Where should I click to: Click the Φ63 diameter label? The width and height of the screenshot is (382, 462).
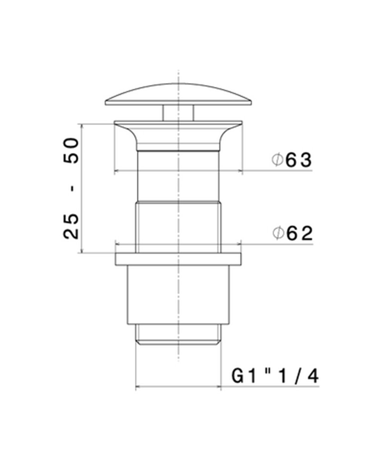tap(291, 160)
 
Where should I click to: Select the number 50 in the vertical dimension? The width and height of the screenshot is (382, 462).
tap(71, 150)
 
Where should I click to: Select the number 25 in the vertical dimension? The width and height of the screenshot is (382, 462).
tap(71, 226)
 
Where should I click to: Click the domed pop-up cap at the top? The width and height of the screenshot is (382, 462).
tap(178, 94)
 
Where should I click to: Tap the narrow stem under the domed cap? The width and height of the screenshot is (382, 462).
tap(178, 113)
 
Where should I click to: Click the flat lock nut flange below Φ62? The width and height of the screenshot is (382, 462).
tap(178, 259)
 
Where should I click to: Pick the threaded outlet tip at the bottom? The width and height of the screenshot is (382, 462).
tap(178, 334)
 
